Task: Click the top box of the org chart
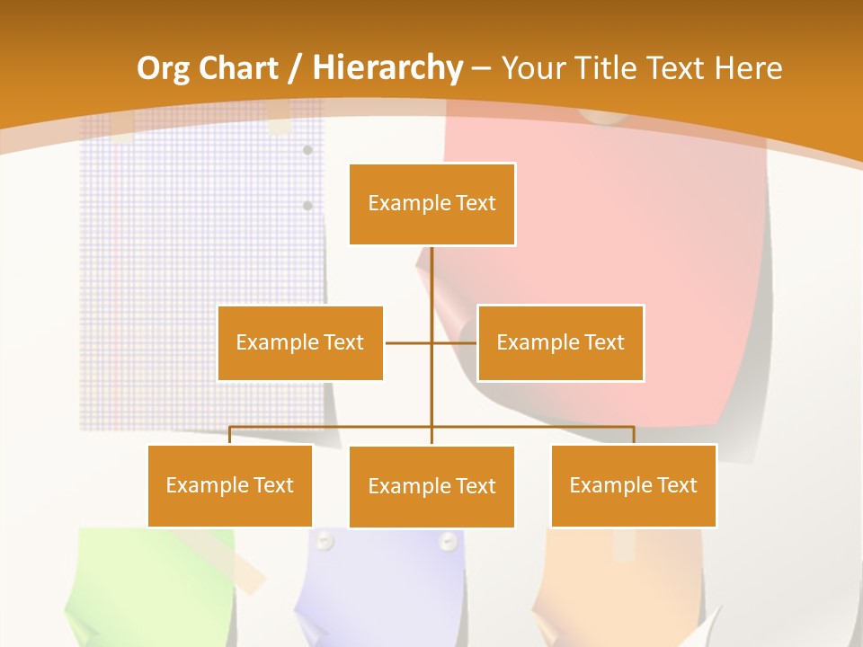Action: point(431,204)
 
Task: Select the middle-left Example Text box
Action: point(300,342)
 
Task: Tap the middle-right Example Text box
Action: point(560,342)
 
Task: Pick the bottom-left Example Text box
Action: point(229,485)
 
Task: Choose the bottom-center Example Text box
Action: point(431,486)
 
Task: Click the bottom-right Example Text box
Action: point(633,485)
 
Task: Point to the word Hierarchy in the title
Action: point(387,68)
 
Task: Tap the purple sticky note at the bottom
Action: point(387,584)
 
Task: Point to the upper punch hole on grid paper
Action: point(307,150)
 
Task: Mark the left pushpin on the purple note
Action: point(325,541)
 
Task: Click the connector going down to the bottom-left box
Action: point(229,435)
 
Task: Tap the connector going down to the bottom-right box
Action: point(634,435)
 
